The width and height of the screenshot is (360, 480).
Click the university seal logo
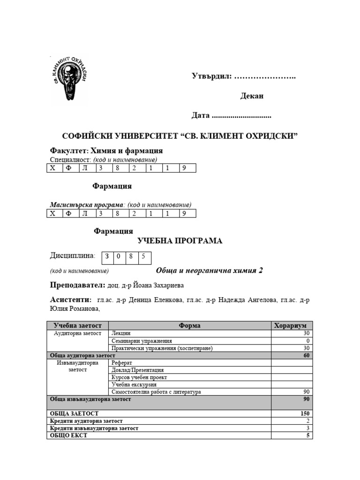tap(69, 79)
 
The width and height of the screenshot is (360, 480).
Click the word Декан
tap(252, 96)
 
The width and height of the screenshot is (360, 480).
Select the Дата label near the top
tap(201, 115)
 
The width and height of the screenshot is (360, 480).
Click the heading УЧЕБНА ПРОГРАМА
tap(180, 241)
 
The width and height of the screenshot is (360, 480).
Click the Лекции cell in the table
tap(121, 333)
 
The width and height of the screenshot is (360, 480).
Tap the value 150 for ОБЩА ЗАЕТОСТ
tap(304, 414)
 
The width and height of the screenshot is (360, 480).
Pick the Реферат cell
tap(122, 363)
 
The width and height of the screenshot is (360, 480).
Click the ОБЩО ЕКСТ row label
tap(68, 435)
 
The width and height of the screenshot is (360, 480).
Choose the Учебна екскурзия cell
tap(134, 384)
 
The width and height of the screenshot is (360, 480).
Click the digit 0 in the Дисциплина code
tap(119, 256)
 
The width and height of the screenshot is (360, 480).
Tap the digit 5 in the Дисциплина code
tap(143, 256)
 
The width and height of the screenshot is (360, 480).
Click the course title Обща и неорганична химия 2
tap(209, 271)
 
